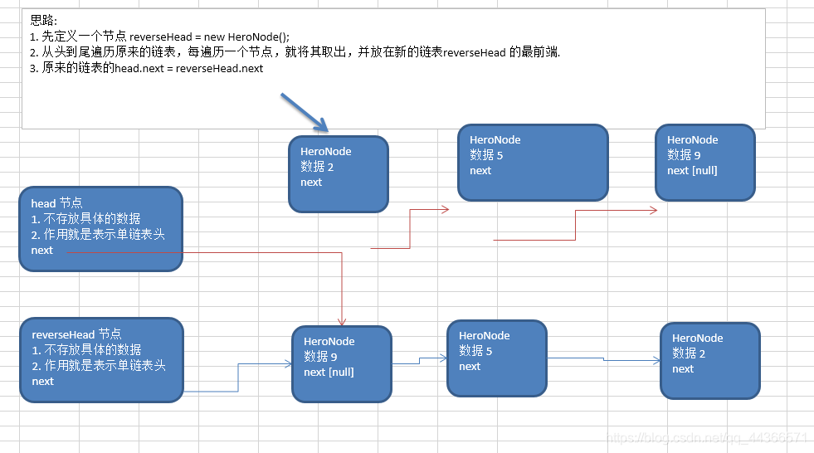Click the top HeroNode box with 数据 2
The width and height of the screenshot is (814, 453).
338,173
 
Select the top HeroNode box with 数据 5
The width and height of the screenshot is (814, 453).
532,163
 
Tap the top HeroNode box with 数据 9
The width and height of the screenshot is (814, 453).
704,163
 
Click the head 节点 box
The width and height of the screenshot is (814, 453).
100,229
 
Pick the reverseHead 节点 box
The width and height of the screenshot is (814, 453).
100,359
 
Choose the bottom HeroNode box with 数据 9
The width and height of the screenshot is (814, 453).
341,363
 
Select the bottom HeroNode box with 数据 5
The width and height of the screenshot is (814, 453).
496,358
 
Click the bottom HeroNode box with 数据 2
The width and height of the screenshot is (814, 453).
709,360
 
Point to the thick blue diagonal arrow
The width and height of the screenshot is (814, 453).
305,113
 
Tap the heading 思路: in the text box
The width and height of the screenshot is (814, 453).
44,20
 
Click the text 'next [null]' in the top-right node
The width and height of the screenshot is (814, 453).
692,170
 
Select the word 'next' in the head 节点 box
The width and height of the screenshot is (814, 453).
42,250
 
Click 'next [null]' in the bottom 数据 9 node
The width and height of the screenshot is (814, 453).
329,372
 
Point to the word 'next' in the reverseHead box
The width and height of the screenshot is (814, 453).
43,381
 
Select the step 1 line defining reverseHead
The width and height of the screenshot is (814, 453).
159,37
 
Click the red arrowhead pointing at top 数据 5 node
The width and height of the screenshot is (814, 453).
445,209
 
